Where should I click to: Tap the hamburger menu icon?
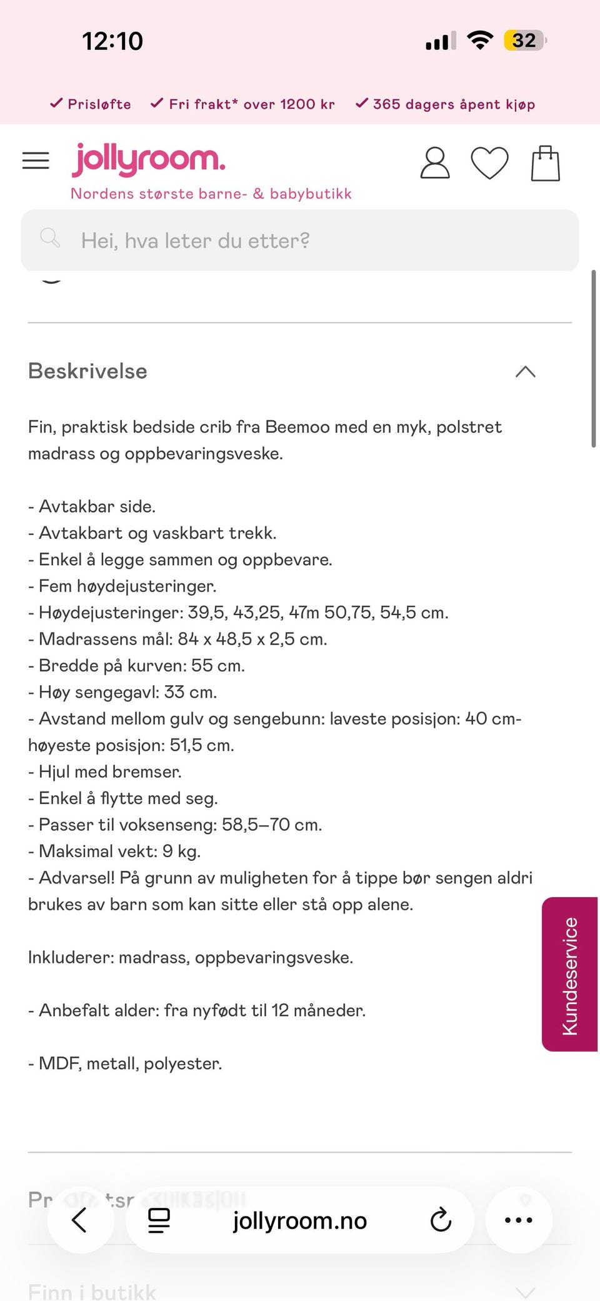point(36,161)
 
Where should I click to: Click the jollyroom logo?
point(149,159)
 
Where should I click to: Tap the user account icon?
point(434,163)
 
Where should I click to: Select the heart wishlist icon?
point(489,163)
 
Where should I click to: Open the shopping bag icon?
point(545,164)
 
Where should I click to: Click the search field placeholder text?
point(195,241)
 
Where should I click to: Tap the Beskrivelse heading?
point(87,371)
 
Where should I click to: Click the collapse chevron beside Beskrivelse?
point(526,372)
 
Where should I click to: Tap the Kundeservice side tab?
point(569,975)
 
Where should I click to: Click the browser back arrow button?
point(79,1220)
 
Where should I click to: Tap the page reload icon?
point(441,1220)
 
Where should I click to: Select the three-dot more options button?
point(518,1220)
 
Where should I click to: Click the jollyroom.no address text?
point(300,1220)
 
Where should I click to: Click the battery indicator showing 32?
point(524,41)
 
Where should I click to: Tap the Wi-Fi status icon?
point(480,41)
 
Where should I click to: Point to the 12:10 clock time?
point(112,41)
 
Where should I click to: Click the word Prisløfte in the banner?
point(99,104)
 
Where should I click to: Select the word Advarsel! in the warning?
point(77,878)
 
